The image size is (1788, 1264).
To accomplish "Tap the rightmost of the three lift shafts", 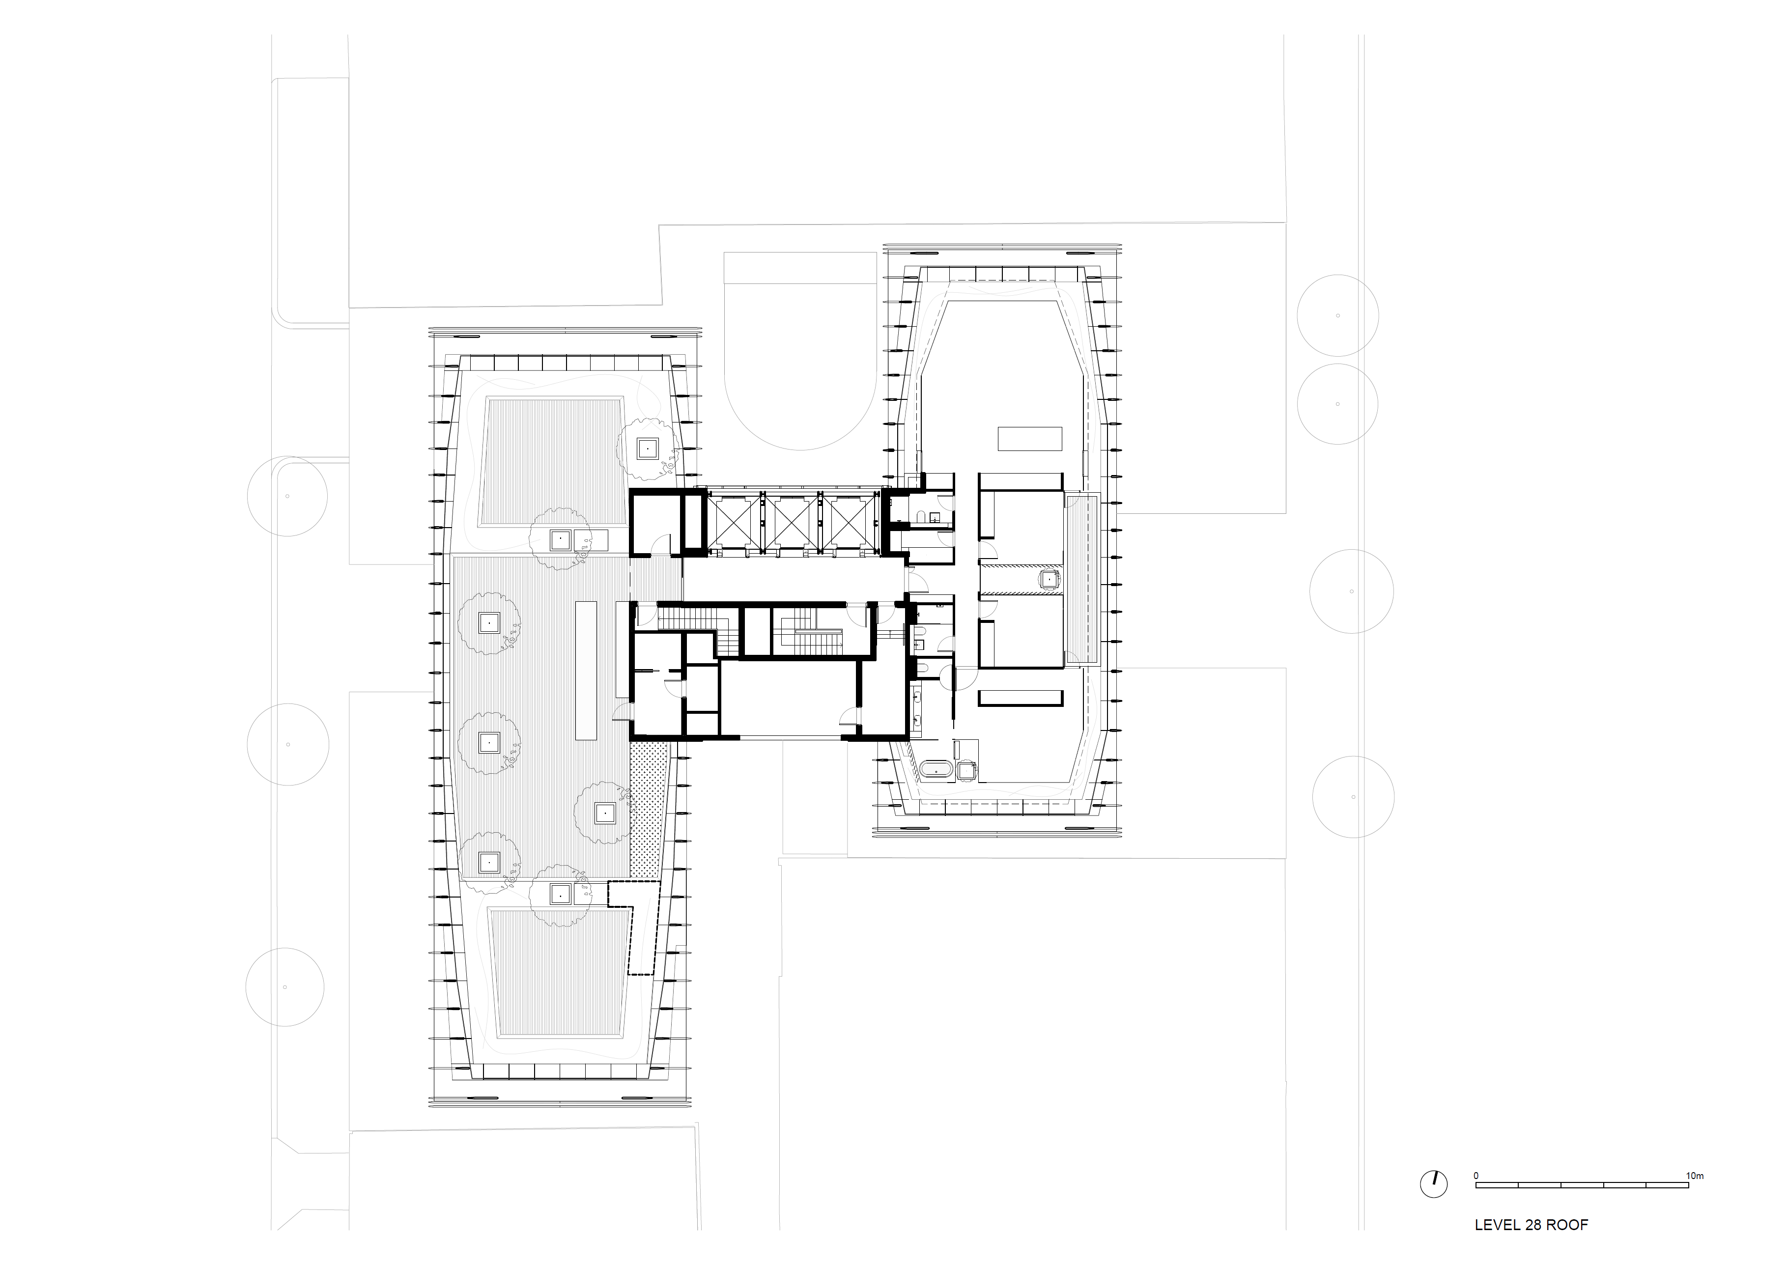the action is [x=851, y=523].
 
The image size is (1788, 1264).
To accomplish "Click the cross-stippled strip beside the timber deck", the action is [x=646, y=811].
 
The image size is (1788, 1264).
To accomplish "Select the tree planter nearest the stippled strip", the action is [x=604, y=813].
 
